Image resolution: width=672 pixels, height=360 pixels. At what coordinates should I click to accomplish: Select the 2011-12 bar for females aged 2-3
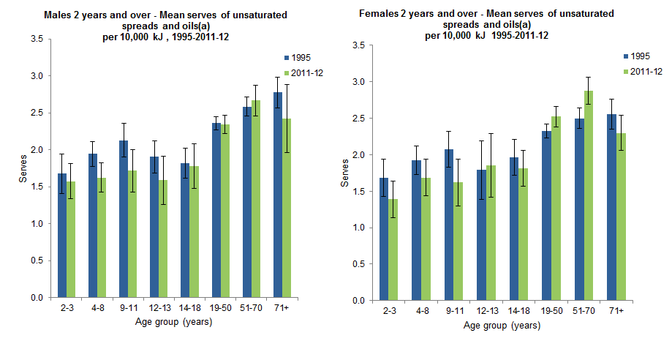393,250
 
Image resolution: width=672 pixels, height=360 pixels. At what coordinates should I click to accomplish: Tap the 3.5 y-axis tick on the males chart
36,39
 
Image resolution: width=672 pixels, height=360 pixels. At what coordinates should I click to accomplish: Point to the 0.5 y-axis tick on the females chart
358,264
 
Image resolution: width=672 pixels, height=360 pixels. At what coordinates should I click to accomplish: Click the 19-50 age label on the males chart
220,309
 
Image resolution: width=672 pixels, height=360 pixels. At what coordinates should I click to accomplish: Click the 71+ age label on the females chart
615,312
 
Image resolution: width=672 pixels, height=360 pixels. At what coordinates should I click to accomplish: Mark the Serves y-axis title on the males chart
12,168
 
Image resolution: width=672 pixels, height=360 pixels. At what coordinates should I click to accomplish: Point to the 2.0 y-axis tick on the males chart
36,150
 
